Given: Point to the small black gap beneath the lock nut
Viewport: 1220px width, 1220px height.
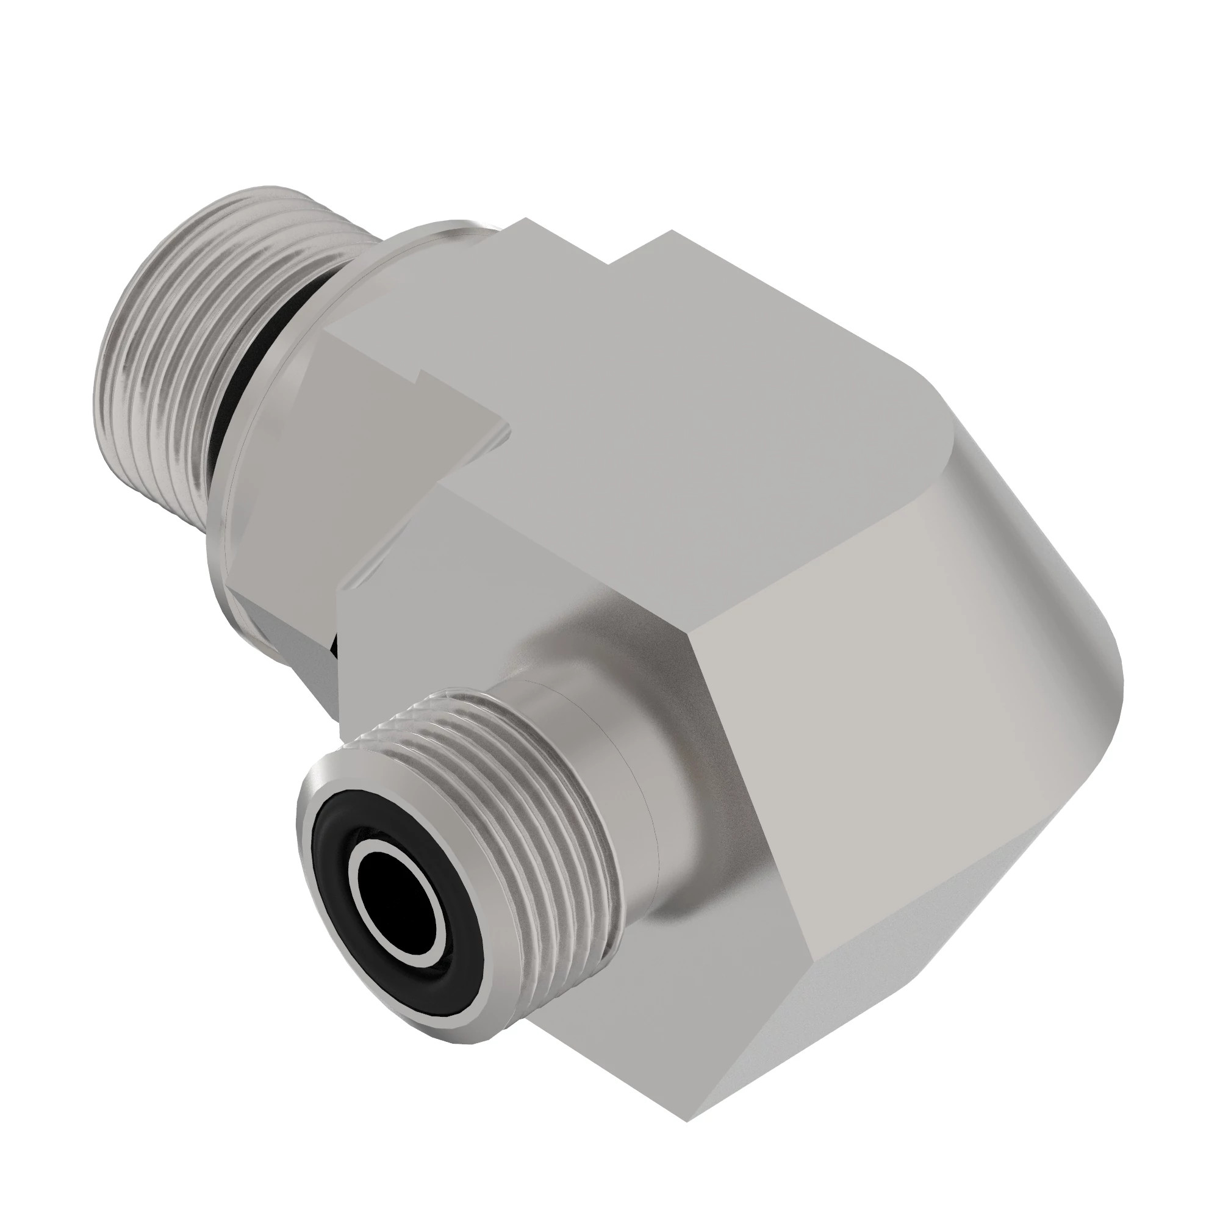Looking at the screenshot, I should (x=334, y=647).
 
